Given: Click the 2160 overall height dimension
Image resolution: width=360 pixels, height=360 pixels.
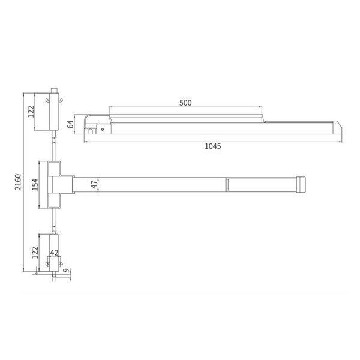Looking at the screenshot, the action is tap(18, 182).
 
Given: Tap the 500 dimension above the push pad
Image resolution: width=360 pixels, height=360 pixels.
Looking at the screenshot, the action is tap(185, 103).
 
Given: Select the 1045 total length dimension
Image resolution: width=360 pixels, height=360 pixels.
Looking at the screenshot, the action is tap(213, 146).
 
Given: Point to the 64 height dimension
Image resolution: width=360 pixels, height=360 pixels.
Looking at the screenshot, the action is tap(71, 124).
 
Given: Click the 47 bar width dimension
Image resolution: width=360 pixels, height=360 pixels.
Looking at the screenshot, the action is tap(94, 184).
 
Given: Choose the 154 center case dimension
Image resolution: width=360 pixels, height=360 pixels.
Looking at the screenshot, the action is tap(35, 184).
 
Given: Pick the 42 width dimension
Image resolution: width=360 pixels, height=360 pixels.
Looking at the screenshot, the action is tap(54, 253).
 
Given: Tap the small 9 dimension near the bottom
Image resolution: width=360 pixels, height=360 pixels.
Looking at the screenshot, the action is tap(66, 271).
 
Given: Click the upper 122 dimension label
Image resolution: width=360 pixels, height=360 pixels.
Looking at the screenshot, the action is tap(31, 112).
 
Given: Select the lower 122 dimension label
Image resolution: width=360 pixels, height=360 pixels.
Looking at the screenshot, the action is tap(35, 253).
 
